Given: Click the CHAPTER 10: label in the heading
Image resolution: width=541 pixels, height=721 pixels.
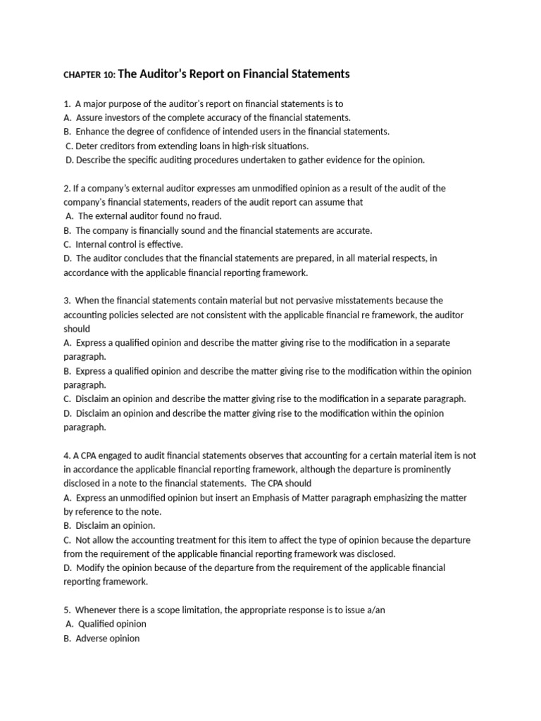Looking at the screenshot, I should point(89,75).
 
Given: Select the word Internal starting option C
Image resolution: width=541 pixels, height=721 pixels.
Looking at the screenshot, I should point(92,244).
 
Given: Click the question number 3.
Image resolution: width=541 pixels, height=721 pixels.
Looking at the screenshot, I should point(66,301).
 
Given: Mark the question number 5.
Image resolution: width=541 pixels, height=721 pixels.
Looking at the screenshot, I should point(66,610).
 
